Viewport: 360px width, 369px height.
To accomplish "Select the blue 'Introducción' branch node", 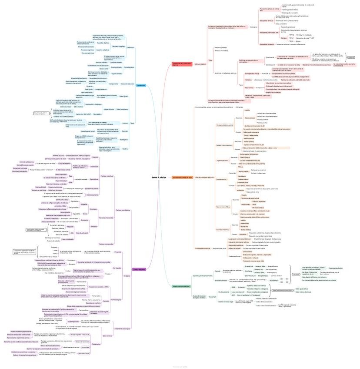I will coord(141,85).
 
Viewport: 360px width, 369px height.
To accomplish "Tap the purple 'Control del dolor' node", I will coord(139,269).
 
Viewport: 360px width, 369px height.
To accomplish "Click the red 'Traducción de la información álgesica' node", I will coord(182,64).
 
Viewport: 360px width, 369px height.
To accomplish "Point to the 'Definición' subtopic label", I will coord(130,47).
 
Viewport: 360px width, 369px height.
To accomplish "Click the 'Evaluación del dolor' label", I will coord(127,84).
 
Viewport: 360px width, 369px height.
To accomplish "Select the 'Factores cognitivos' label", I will coord(107,176).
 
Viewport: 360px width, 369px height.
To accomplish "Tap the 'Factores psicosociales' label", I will coord(106,244).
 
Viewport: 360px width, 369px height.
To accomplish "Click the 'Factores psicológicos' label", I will coord(123,210).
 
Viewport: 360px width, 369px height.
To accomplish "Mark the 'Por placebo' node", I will coord(118,268).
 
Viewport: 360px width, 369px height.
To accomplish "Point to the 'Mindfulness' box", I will coord(85,347).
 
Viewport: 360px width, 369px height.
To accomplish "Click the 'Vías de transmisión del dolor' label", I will coord(204,178).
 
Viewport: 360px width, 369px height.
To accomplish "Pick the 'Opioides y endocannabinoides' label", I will coord(203,276).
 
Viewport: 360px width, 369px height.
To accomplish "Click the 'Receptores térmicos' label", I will coord(267,20).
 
